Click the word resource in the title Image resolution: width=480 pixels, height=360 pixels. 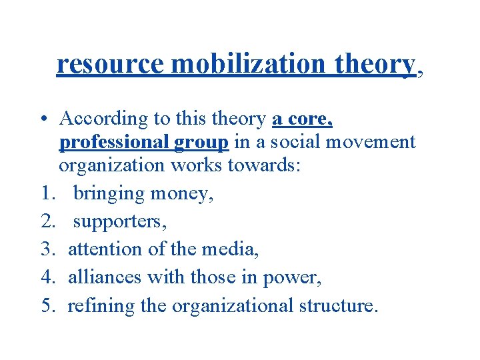pos(110,64)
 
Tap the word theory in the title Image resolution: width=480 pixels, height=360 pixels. pos(376,64)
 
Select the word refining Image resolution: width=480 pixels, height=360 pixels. pos(93,305)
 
